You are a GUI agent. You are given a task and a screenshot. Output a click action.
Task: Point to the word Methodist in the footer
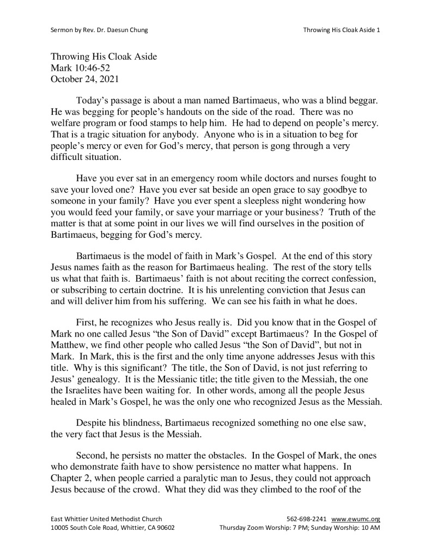click(x=124, y=519)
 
